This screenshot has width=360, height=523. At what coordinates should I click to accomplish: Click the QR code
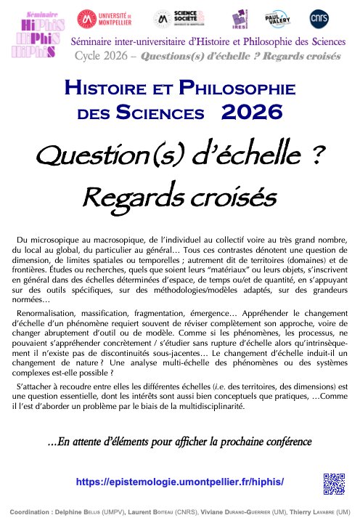[x=333, y=483]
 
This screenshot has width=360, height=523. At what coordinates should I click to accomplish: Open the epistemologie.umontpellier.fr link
[x=179, y=482]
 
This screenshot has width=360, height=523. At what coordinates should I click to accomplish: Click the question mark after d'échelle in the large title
[x=309, y=154]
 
